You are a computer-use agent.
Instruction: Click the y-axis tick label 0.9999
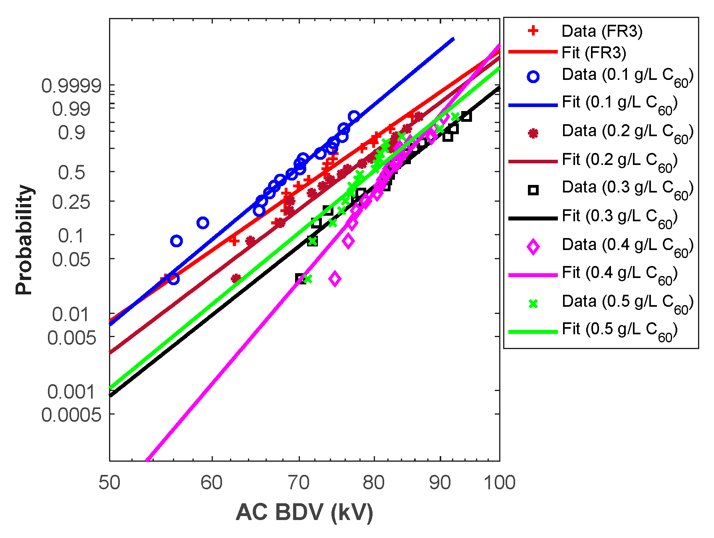coord(71,86)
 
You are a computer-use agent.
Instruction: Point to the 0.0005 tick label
coord(71,415)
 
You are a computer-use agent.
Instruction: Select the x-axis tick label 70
coord(299,482)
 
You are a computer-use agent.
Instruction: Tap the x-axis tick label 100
coord(499,482)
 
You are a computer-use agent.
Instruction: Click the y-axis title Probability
coord(24,240)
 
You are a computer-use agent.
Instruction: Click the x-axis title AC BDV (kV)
coord(304,512)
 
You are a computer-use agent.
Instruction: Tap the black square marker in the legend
coord(533,190)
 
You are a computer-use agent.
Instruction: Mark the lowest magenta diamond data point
coord(335,279)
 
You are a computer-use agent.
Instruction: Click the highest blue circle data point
coord(354,117)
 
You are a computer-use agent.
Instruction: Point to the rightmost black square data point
coord(466,116)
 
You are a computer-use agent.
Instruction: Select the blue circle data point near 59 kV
coord(203,223)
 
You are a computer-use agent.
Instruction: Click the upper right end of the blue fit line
coord(453,39)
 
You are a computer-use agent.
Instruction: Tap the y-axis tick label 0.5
coord(71,173)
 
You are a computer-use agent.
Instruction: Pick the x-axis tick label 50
coord(109,482)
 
